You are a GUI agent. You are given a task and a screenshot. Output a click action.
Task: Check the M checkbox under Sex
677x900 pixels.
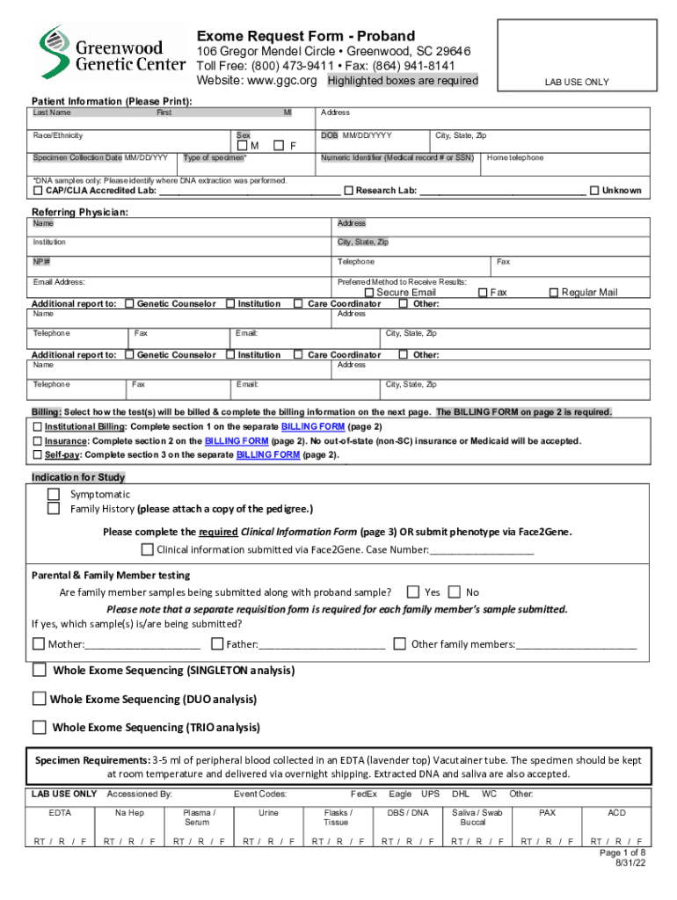(243, 145)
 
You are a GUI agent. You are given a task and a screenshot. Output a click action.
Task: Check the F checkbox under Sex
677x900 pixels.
(279, 145)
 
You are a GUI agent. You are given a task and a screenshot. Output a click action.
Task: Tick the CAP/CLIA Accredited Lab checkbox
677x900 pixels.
(38, 191)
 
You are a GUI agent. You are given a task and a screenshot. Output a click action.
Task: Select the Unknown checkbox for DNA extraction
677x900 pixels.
(594, 191)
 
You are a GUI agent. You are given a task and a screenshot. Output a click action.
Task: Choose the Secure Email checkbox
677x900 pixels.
(369, 293)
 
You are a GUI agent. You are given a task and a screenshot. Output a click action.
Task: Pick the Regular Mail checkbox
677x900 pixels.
(554, 293)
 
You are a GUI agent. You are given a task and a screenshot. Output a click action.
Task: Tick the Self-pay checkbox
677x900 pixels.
(38, 455)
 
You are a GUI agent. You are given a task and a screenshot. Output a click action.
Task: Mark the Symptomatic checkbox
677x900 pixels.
(54, 494)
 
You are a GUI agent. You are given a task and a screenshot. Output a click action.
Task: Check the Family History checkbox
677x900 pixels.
(54, 508)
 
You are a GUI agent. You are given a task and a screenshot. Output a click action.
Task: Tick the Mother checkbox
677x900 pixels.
(38, 643)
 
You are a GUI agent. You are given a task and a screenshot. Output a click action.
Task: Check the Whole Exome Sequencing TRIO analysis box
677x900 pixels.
(39, 727)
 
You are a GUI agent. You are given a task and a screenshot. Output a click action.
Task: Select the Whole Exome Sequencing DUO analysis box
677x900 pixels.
(39, 699)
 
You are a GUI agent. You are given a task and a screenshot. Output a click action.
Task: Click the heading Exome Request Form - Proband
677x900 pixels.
(305, 36)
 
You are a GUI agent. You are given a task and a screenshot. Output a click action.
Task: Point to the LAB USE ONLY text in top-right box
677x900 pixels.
(576, 82)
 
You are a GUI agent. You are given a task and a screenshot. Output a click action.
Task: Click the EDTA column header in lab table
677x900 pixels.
(60, 813)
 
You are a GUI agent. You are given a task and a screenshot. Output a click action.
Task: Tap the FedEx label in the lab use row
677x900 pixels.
(363, 794)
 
